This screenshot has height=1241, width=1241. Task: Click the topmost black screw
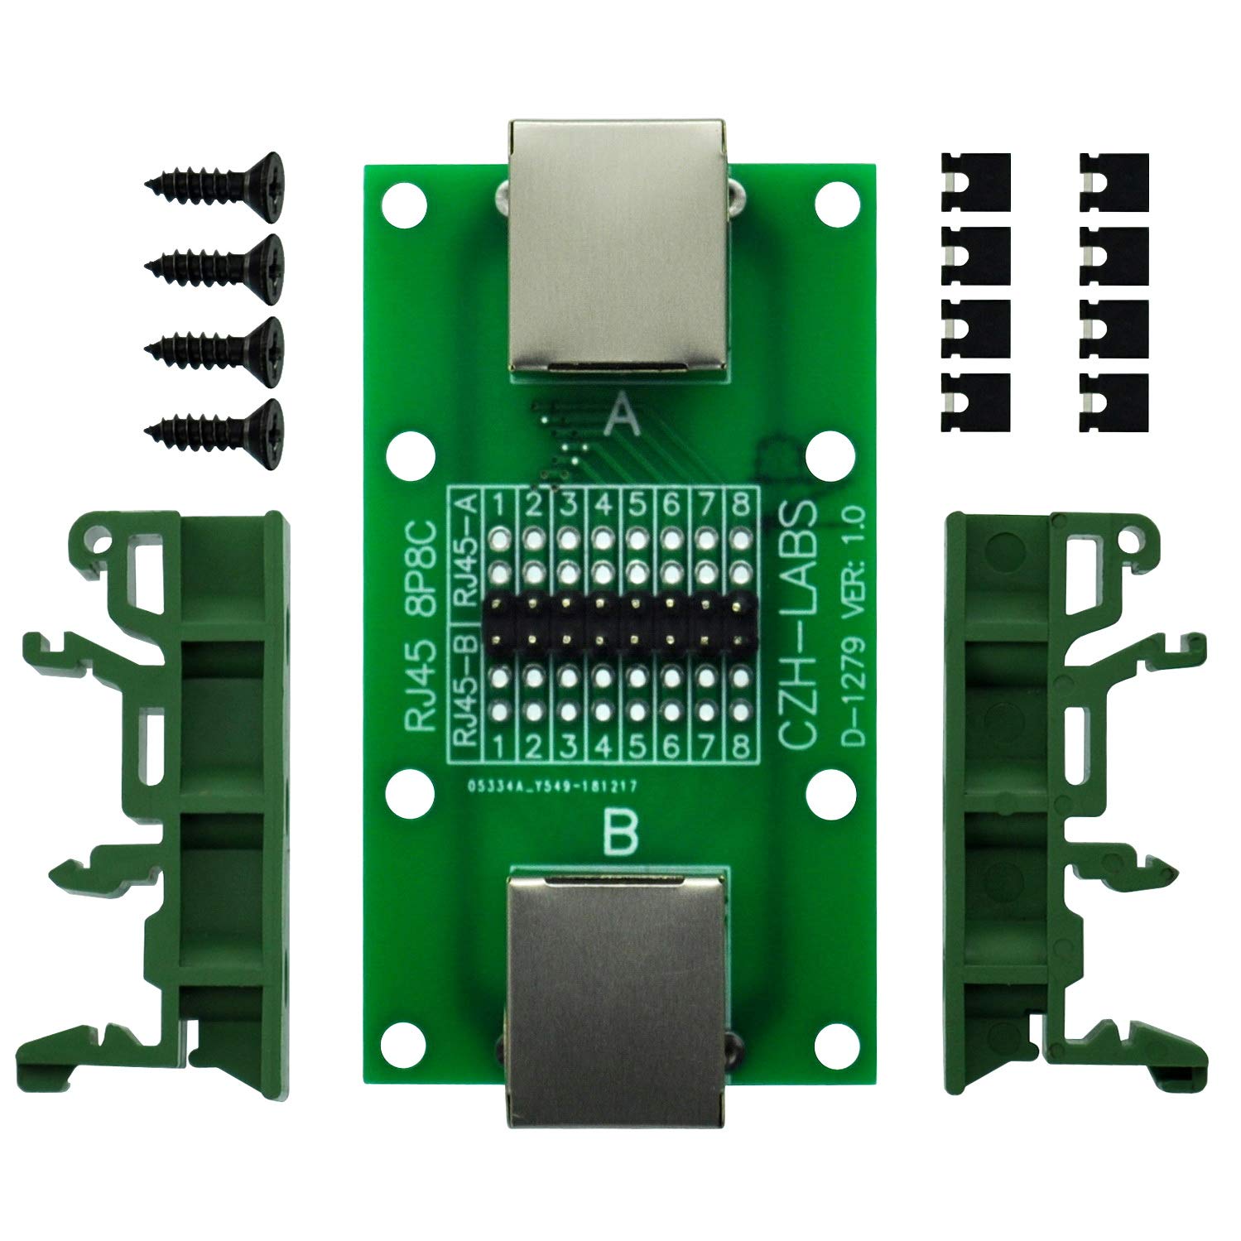pos(214,176)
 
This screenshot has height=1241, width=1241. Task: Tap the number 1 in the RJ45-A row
pos(499,503)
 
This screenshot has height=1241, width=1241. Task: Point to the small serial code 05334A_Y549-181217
pos(550,787)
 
